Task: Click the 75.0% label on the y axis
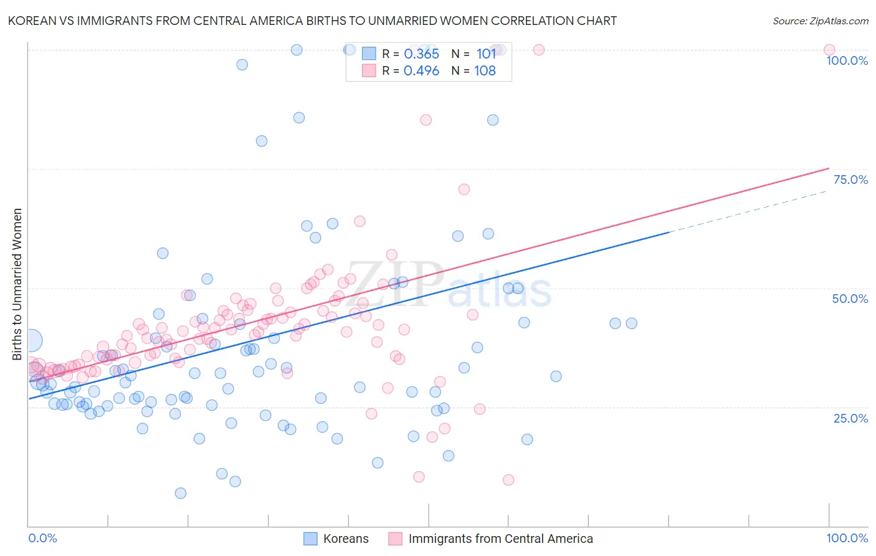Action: click(x=850, y=180)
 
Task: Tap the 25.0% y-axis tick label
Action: click(x=850, y=418)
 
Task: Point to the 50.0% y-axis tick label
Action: click(x=850, y=299)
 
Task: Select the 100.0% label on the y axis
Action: click(x=847, y=60)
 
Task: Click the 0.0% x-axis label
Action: click(x=42, y=538)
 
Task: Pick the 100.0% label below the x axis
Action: click(x=847, y=538)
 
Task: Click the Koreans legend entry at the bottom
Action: click(x=346, y=539)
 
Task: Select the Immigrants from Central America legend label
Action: click(x=500, y=539)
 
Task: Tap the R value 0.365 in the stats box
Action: click(x=421, y=54)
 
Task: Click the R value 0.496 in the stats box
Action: click(x=421, y=71)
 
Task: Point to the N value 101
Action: click(x=486, y=54)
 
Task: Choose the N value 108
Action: click(x=485, y=71)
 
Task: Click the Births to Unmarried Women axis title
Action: click(x=17, y=284)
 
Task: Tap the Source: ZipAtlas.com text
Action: click(x=820, y=21)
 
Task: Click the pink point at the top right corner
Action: click(x=829, y=50)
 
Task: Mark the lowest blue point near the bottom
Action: click(x=181, y=493)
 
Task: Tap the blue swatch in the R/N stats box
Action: click(x=369, y=54)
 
